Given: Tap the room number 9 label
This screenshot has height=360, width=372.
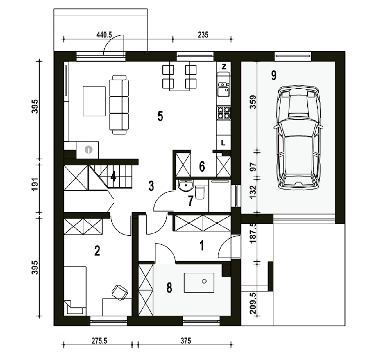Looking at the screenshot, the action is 274,75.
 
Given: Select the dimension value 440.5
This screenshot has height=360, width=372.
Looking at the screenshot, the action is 104,35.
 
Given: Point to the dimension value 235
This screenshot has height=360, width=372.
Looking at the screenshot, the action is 203,35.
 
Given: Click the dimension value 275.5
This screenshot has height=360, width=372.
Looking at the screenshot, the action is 99,341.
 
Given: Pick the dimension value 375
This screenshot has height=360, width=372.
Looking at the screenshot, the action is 186,341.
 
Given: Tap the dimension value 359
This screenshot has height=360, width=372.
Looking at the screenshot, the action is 253,102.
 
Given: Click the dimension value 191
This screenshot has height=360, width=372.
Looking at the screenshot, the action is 35,184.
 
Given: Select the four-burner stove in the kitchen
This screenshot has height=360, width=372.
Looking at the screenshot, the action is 224,112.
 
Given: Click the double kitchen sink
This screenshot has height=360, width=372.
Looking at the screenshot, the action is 224,89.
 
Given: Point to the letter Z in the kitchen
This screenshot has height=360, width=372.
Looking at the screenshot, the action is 224,67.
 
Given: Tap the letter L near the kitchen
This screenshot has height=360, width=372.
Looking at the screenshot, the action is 223,143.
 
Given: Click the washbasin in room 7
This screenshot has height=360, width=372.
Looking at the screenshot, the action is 186,186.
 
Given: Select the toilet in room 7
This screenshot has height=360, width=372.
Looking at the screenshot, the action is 200,192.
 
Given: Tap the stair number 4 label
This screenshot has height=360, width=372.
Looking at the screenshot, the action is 113,177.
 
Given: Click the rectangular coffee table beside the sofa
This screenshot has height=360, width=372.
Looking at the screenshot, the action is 94,101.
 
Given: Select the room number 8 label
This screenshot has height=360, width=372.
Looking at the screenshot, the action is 169,288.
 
